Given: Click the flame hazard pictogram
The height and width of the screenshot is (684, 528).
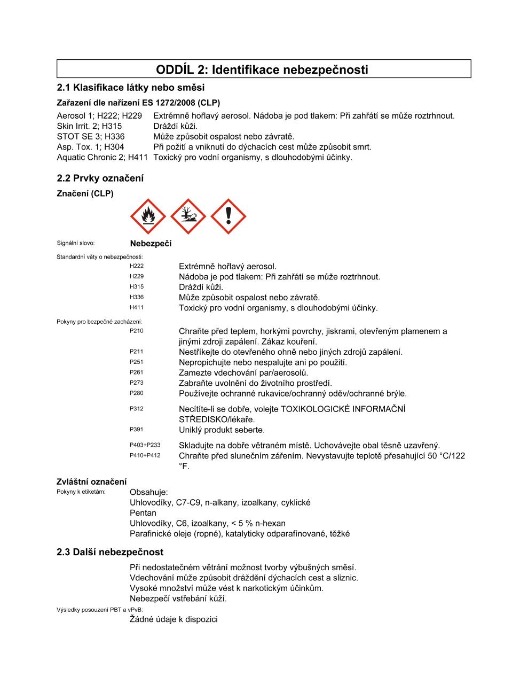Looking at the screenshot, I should click(147, 216).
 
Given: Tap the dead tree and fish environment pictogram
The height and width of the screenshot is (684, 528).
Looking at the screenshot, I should click(188, 216).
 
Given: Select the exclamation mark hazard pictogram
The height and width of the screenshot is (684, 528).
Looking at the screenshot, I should click(228, 216).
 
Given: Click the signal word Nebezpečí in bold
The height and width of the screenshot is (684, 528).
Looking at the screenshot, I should click(151, 244).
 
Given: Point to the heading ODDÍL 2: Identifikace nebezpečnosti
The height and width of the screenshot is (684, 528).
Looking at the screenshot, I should click(262, 69).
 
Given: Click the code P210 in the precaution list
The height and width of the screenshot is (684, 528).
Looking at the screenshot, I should click(137, 331).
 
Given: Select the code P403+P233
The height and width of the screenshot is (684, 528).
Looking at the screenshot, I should click(145, 445).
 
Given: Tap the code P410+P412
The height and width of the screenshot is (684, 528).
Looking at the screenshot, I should click(145, 455).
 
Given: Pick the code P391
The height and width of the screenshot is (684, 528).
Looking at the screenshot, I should click(137, 429).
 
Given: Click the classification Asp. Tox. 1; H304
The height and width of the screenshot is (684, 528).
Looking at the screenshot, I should click(90, 147).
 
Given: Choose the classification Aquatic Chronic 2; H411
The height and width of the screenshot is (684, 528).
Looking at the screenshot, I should click(102, 157).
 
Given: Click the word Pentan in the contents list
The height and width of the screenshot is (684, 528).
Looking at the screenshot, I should click(143, 513).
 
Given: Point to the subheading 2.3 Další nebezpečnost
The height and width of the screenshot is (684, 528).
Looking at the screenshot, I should click(110, 552).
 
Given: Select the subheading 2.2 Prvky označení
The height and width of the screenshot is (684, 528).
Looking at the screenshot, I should click(100, 178).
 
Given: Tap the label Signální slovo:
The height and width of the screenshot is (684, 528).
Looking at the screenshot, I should click(75, 244).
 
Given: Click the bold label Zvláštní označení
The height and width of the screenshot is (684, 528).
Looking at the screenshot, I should click(92, 481).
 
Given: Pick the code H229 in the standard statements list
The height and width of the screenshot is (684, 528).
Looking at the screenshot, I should click(137, 276).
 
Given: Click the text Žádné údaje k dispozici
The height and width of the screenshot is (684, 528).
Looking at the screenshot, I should click(174, 619).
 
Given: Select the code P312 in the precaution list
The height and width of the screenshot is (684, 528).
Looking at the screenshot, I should click(137, 409).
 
